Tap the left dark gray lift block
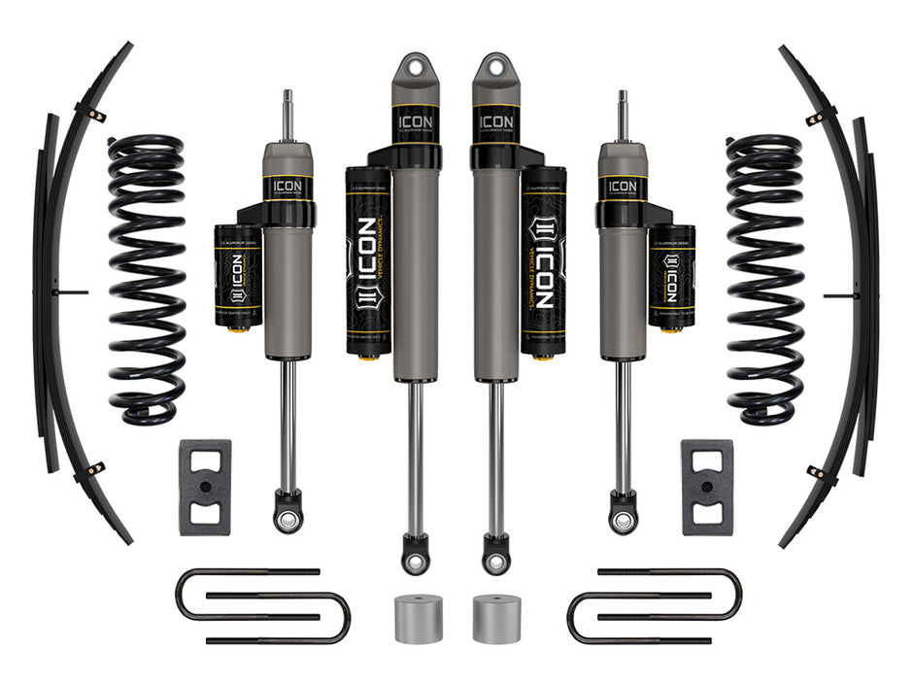(205, 487)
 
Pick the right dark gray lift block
(706, 487)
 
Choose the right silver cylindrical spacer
(495, 618)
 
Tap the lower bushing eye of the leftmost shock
(287, 519)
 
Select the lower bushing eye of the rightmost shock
(623, 519)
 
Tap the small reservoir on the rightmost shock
(671, 277)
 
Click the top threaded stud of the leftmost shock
(287, 115)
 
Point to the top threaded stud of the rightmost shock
(623, 115)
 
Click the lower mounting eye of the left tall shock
(415, 559)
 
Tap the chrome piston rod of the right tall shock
(495, 457)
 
